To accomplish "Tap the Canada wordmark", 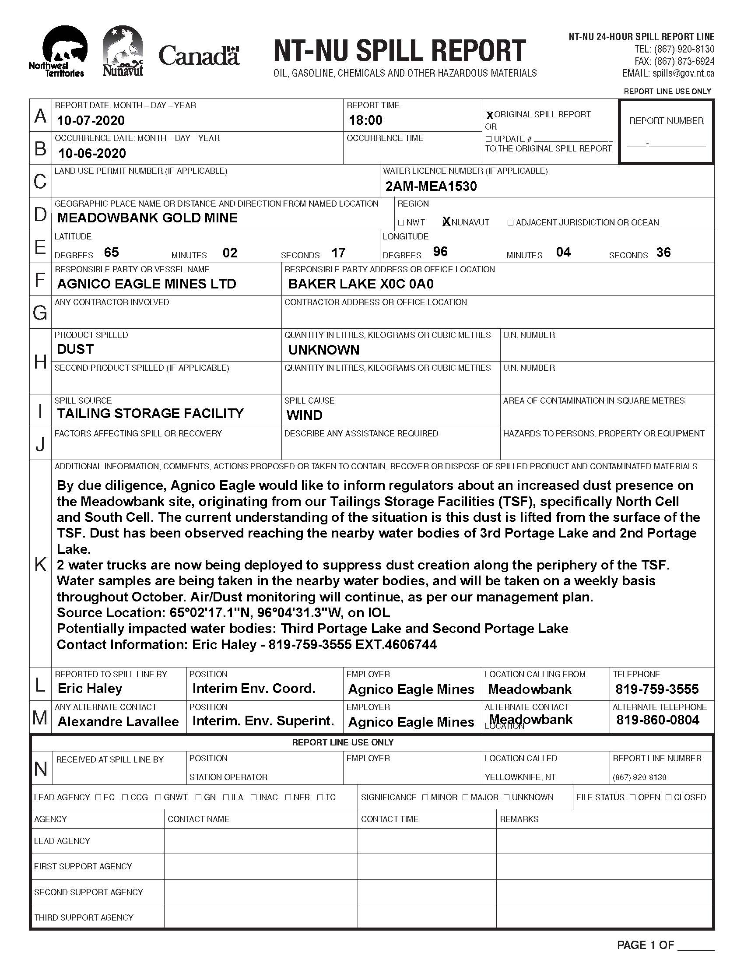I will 199,56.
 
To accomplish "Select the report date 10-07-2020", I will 91,120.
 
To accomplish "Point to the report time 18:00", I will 365,120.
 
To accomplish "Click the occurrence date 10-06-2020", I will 91,154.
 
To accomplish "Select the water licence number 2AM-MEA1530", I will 431,186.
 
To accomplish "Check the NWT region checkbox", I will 401,223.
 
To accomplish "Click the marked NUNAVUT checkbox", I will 446,222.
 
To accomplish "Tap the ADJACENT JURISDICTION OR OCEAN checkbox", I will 510,223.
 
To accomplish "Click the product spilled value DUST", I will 75,349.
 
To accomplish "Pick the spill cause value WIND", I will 304,415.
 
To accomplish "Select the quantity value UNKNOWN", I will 323,350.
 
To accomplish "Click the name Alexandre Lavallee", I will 118,722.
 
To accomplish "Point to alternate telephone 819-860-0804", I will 658,720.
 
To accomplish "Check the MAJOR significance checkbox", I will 466,798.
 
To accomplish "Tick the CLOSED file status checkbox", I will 669,798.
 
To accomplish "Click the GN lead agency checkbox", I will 199,798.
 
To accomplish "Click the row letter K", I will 40,564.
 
